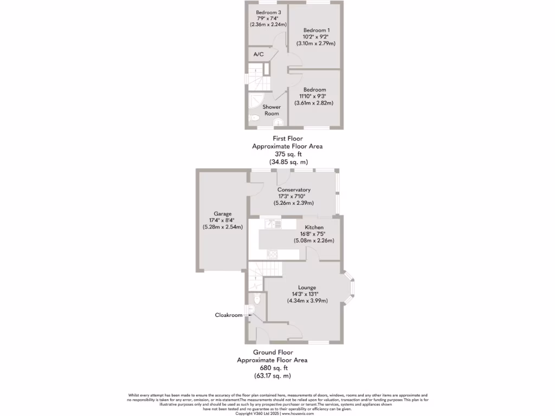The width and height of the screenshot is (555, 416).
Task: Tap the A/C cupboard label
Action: pyautogui.click(x=259, y=54)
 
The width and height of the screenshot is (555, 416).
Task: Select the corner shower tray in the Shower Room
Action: pyautogui.click(x=255, y=100)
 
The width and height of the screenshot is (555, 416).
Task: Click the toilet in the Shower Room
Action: pyautogui.click(x=254, y=118)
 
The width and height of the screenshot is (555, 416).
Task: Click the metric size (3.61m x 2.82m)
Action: pyautogui.click(x=314, y=103)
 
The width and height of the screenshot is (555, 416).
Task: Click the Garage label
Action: pyautogui.click(x=222, y=213)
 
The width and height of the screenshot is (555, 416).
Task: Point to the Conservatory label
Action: pyautogui.click(x=294, y=190)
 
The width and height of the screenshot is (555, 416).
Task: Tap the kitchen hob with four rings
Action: pyautogui.click(x=273, y=255)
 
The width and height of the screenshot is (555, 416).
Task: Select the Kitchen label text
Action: pyautogui.click(x=314, y=227)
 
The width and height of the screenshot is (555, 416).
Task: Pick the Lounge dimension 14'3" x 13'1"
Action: pyautogui.click(x=307, y=294)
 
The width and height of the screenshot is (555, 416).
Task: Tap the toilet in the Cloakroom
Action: pyautogui.click(x=257, y=298)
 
